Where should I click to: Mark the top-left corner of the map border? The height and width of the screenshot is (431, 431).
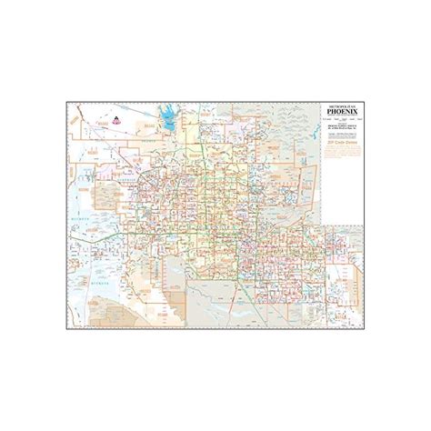(x=66, y=102)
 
